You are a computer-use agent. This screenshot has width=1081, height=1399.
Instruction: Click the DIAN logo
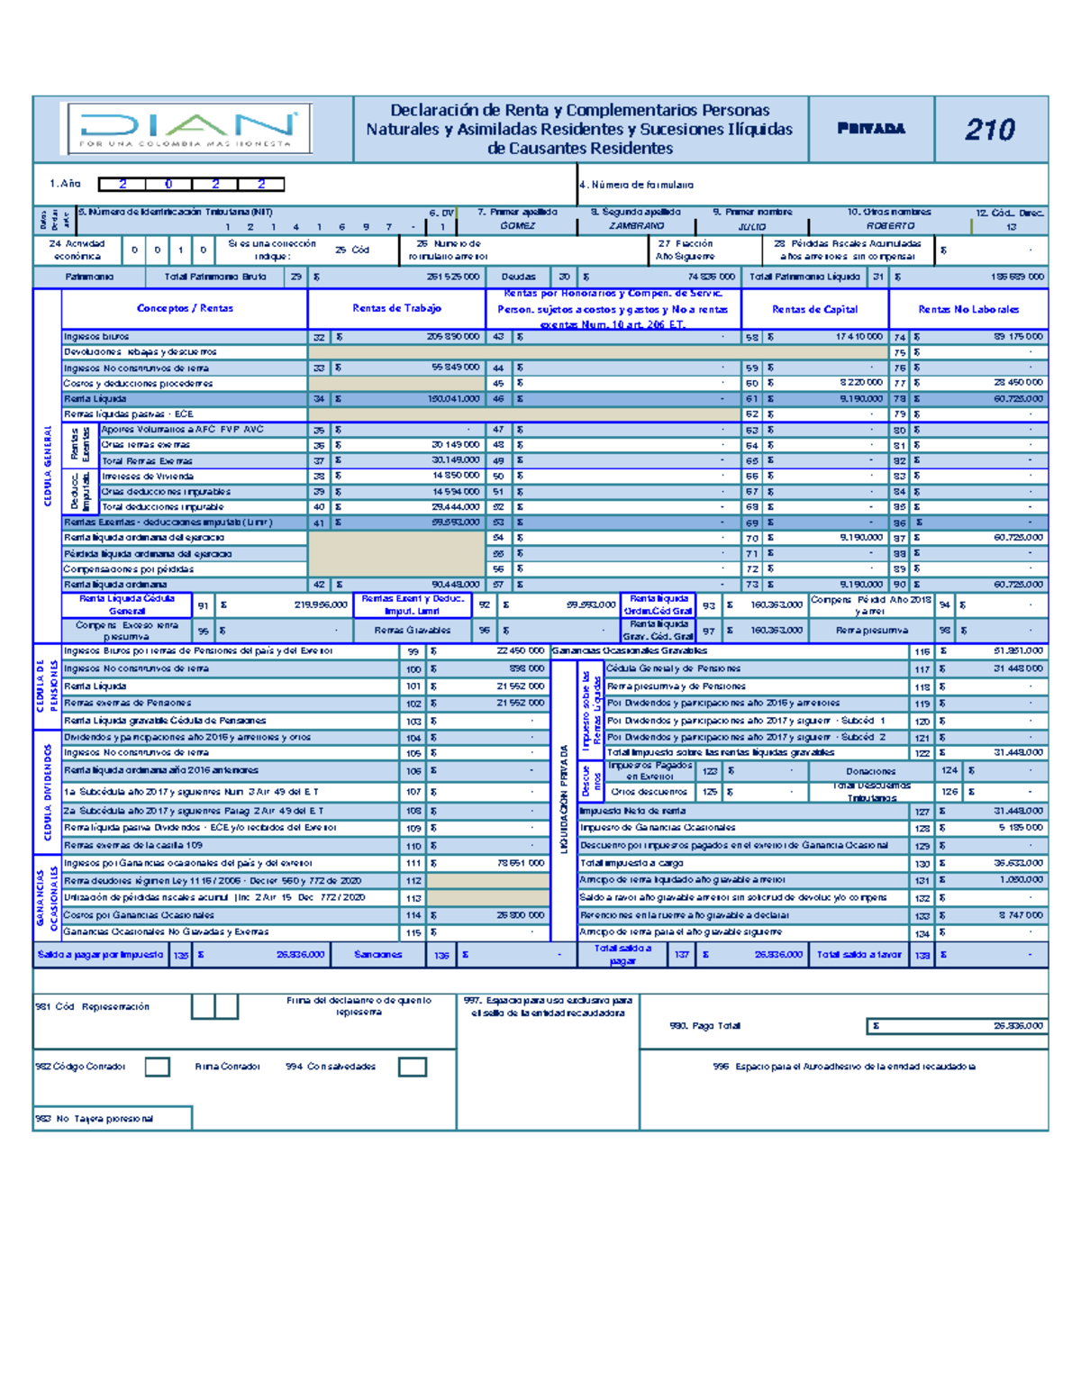[186, 129]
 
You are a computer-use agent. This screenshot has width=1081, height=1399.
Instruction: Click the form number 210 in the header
[990, 130]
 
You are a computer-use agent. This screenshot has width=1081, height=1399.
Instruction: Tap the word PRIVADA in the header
[870, 129]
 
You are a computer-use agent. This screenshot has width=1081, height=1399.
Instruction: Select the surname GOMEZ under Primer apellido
[518, 226]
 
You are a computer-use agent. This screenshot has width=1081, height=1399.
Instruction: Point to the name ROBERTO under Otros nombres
[890, 226]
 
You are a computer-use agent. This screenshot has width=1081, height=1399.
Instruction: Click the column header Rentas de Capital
[814, 309]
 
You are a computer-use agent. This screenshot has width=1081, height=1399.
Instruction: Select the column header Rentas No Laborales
[968, 309]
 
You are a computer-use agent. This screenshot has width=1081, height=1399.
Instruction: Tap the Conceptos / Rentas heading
[185, 308]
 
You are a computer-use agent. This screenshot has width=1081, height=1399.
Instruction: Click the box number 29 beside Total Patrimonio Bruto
[296, 277]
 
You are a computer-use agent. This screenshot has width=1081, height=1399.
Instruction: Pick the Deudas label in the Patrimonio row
[519, 277]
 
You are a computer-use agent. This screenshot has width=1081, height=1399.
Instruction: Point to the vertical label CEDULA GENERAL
[47, 466]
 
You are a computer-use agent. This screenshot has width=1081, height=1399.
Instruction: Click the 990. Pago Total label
[704, 1026]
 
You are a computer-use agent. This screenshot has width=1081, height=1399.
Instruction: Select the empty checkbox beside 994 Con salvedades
[413, 1067]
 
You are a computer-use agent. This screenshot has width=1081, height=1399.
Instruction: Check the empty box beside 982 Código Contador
[158, 1067]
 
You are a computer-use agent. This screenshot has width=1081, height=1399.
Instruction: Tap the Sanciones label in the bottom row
[377, 954]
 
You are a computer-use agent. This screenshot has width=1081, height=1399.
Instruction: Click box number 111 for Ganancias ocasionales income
[413, 863]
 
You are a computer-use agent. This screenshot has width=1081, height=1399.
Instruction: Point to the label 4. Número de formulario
[637, 185]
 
